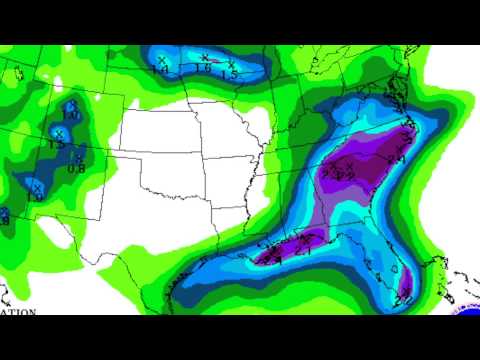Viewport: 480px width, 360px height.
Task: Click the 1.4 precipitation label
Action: (162, 69)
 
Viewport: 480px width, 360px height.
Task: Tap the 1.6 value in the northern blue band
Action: (204, 67)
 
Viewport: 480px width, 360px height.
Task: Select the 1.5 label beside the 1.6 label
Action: (229, 74)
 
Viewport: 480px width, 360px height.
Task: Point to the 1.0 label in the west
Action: (71, 115)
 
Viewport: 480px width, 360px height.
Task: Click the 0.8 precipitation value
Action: (76, 167)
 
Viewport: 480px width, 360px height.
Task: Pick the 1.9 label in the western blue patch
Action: (35, 197)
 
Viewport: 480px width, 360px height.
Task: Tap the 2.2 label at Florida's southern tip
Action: (405, 298)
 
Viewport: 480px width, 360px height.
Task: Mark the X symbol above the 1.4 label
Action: (161, 59)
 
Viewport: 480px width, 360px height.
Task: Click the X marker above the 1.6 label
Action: (205, 57)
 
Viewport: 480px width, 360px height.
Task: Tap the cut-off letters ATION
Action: (17, 312)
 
